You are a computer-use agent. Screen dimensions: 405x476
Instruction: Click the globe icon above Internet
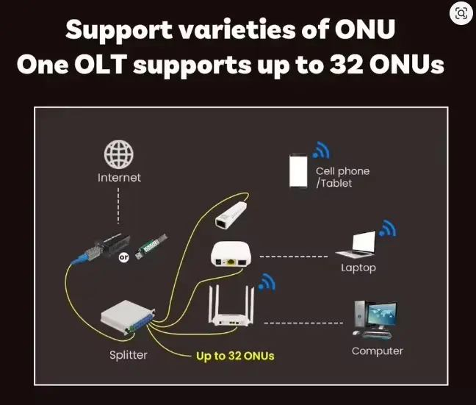pos(118,154)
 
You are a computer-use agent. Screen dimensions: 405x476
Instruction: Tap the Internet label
pos(119,178)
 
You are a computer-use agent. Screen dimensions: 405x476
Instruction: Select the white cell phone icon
pos(297,171)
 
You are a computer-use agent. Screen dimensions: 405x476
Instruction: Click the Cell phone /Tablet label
pos(342,177)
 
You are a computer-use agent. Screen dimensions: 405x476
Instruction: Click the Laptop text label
pos(358,268)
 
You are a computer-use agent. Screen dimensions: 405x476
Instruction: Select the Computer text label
pos(377,351)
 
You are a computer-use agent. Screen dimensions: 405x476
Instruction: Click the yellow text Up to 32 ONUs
pos(235,356)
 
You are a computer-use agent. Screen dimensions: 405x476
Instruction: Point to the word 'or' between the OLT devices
pos(124,258)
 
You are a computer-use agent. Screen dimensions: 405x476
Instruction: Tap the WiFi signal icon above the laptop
pos(387,229)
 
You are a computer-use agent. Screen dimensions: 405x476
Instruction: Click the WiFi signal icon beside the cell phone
pos(321,151)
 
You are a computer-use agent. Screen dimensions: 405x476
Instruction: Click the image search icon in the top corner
pos(461,13)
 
